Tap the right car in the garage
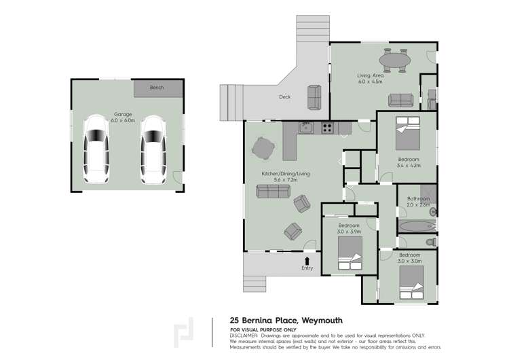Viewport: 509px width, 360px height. point(153,149)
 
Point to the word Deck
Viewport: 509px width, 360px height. point(285,97)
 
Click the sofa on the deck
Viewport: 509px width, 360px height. point(314,96)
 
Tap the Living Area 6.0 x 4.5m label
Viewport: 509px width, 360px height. point(371,78)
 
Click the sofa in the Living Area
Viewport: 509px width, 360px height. point(400,101)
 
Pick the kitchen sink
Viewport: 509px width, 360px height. point(306,126)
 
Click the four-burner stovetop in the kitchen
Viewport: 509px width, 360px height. point(326,126)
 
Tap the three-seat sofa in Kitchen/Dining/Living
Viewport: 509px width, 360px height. point(272,191)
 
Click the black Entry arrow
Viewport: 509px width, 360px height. point(307,260)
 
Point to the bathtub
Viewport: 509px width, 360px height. point(415,226)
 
